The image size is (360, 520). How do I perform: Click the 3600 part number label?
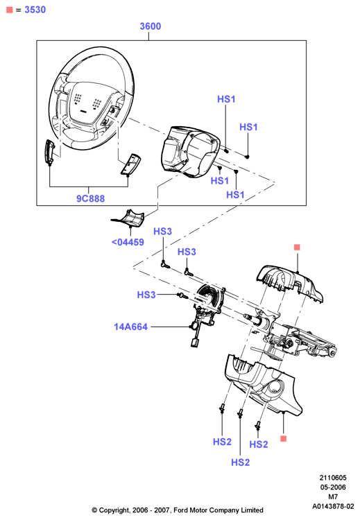tap(151, 26)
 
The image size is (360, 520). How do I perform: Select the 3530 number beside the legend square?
tap(35, 10)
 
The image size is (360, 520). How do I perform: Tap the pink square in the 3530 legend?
tap(10, 10)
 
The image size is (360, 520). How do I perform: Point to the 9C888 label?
tap(91, 198)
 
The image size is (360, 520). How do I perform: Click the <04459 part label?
tap(128, 242)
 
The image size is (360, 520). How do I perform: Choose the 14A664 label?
tap(130, 327)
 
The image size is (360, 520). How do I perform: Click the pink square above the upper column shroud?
tap(297, 247)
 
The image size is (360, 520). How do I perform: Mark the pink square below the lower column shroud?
tap(284, 439)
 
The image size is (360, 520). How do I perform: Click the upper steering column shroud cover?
tap(289, 282)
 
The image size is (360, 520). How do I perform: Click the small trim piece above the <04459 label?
tap(128, 218)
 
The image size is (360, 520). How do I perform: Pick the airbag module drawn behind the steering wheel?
tap(190, 151)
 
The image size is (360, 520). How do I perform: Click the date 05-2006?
tap(333, 487)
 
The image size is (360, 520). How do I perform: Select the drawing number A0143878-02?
tap(333, 506)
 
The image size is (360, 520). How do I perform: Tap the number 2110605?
tap(333, 478)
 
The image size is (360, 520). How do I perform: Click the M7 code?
tap(333, 497)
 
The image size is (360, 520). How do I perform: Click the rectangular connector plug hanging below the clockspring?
tap(195, 343)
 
